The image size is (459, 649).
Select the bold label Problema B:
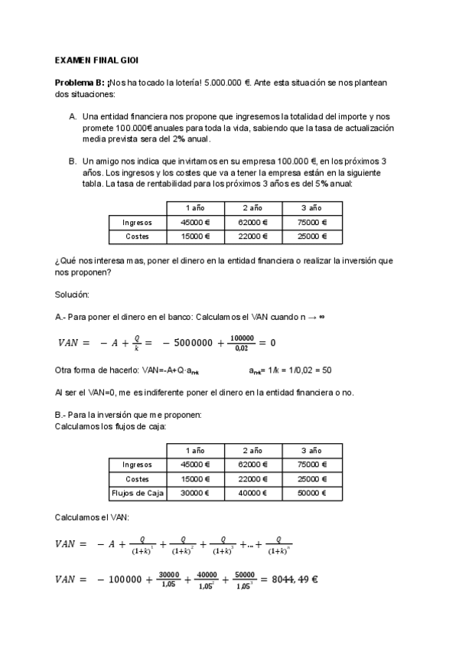click(x=80, y=82)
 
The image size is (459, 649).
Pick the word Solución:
click(x=72, y=294)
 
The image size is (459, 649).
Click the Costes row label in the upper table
click(x=138, y=236)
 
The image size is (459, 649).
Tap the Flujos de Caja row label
click(x=138, y=493)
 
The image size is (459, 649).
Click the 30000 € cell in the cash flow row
click(x=195, y=493)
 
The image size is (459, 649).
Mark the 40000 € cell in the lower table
click(x=253, y=493)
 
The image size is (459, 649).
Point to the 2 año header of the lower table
click(x=253, y=450)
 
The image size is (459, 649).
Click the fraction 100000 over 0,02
click(x=241, y=342)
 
